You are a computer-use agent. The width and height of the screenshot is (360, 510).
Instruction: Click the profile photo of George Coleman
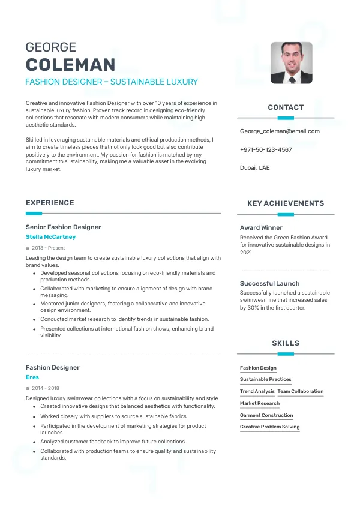pyautogui.click(x=291, y=62)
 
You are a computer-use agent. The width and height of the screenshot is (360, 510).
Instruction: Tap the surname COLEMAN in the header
pyautogui.click(x=70, y=65)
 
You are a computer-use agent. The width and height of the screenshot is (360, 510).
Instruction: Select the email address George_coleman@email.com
pyautogui.click(x=280, y=131)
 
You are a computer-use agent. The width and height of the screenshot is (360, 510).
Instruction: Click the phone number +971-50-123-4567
pyautogui.click(x=266, y=149)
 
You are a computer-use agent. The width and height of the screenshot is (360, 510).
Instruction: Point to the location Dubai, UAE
pyautogui.click(x=255, y=168)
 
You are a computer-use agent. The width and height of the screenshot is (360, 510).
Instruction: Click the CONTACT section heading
pyautogui.click(x=286, y=107)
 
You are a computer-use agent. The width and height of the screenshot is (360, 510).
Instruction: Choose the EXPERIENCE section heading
pyautogui.click(x=50, y=203)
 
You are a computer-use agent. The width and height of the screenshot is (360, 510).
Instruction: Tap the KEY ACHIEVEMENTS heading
pyautogui.click(x=286, y=203)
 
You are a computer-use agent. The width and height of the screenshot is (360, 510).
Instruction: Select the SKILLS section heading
pyautogui.click(x=286, y=343)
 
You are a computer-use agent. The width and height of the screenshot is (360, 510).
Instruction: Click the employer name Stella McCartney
pyautogui.click(x=50, y=237)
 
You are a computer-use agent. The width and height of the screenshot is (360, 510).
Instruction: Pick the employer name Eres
pyautogui.click(x=32, y=377)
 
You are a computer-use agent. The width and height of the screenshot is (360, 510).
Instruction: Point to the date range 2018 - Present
pyautogui.click(x=48, y=248)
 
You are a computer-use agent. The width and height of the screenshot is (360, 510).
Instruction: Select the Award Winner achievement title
pyautogui.click(x=261, y=228)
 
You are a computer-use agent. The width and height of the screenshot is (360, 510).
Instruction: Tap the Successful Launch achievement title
pyautogui.click(x=269, y=283)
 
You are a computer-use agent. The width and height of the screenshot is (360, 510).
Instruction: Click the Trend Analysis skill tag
pyautogui.click(x=257, y=391)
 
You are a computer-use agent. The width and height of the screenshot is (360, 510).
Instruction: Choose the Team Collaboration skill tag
pyautogui.click(x=300, y=391)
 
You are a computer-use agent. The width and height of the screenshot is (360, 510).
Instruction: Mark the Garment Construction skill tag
pyautogui.click(x=266, y=415)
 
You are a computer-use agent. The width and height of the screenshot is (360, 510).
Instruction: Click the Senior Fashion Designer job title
pyautogui.click(x=63, y=227)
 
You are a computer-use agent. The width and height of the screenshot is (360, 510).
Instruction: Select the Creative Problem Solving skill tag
pyautogui.click(x=269, y=427)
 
